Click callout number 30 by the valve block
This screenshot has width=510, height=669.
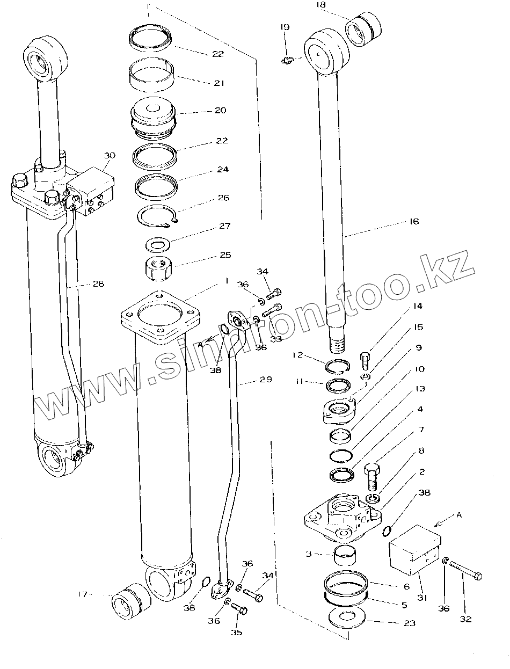tap(110, 155)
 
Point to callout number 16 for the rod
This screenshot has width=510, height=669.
tap(414, 221)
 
